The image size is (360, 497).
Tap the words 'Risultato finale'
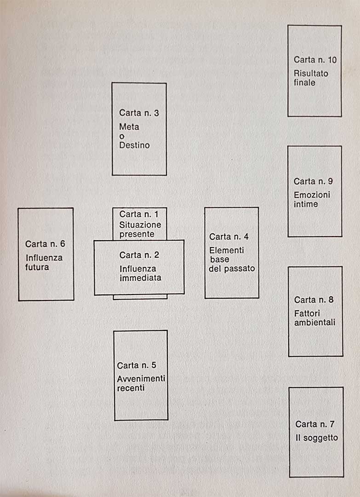[311, 78]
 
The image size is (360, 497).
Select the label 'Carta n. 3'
[139, 113]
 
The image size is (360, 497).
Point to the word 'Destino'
[134, 145]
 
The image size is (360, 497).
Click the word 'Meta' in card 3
[129, 127]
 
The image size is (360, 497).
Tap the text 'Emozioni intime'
[312, 199]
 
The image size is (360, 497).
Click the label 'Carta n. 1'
[139, 214]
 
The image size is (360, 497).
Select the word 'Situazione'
[140, 225]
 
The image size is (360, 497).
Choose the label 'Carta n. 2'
[139, 255]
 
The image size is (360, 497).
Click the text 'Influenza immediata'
[140, 273]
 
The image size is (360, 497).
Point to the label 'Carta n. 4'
[229, 237]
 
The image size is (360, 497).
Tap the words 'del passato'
[231, 269]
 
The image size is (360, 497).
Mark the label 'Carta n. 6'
[45, 244]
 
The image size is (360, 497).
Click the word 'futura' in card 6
[37, 267]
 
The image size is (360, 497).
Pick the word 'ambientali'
[314, 323]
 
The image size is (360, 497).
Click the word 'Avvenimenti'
[141, 379]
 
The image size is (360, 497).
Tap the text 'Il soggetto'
[316, 438]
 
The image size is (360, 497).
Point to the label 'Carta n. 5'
[137, 365]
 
